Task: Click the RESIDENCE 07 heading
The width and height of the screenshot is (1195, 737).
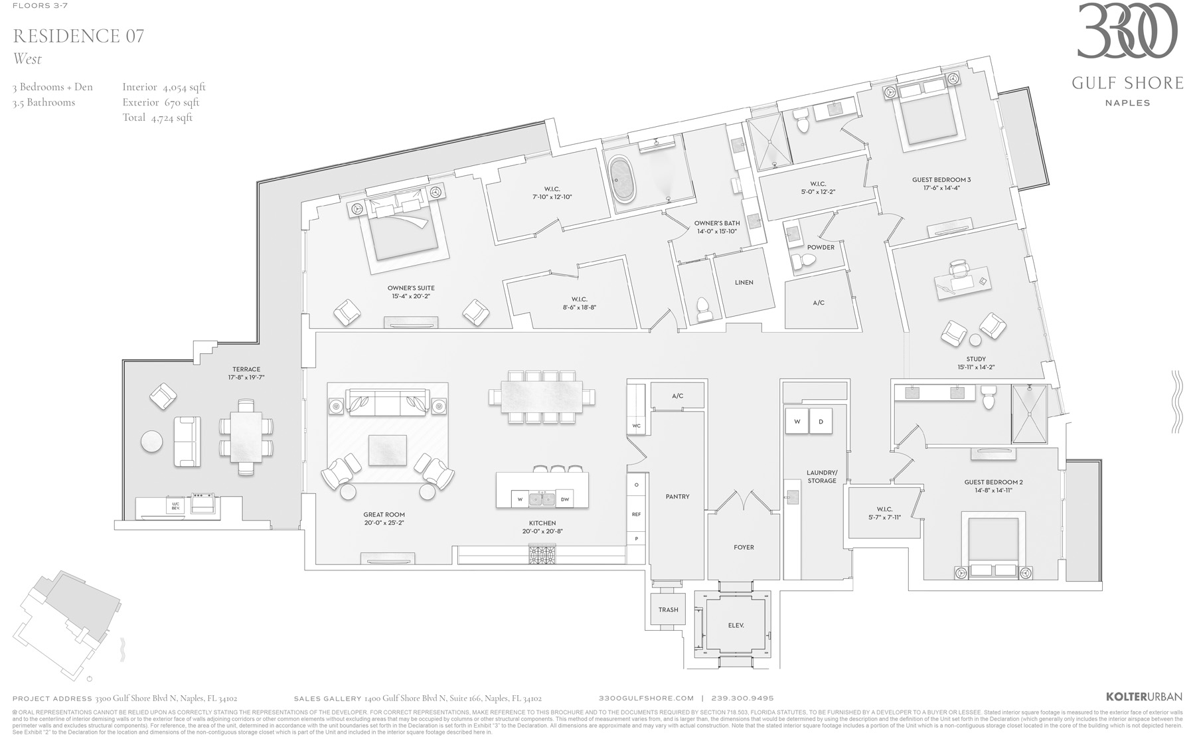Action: tap(78, 36)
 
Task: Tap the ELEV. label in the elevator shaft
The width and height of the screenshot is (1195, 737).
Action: tap(736, 625)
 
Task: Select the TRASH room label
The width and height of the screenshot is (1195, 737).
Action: tap(668, 610)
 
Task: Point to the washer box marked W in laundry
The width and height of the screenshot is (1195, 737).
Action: tap(797, 422)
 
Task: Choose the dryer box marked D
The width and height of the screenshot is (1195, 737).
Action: tap(821, 422)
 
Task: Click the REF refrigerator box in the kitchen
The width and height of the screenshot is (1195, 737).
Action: tap(636, 514)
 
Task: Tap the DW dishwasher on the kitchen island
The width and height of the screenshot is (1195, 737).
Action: tap(564, 499)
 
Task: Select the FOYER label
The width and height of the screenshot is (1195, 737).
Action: tap(744, 547)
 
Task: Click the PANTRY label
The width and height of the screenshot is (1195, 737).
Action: tap(677, 497)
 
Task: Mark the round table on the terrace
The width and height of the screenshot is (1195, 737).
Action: tap(152, 442)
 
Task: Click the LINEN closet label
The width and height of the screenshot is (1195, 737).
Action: tap(744, 282)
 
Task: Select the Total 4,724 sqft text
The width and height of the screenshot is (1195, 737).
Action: tap(157, 118)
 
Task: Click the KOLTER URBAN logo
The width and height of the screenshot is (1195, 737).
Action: tap(1144, 696)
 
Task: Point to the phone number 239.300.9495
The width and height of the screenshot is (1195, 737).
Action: tap(742, 698)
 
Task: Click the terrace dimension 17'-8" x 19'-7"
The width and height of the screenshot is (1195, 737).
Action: tap(246, 378)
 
